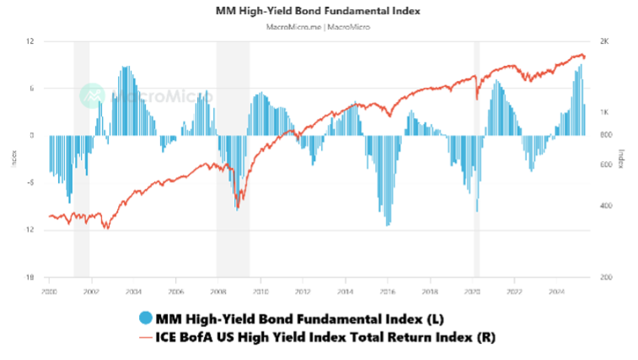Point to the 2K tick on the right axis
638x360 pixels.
click(603, 41)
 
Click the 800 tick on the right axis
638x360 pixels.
click(604, 135)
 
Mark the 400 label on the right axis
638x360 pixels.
click(604, 206)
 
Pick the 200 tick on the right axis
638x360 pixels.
click(604, 277)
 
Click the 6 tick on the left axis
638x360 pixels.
click(30, 89)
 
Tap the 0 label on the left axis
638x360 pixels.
click(31, 135)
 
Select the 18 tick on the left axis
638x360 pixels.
click(29, 277)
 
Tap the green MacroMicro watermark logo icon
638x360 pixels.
click(92, 95)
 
